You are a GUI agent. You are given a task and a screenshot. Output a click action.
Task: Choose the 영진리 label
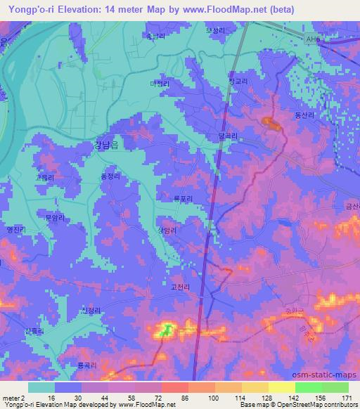click(15, 228)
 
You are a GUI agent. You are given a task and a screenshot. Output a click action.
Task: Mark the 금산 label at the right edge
click(352, 206)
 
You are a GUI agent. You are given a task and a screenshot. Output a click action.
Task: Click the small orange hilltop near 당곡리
click(271, 124)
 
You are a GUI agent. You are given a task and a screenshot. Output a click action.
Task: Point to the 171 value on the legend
click(346, 398)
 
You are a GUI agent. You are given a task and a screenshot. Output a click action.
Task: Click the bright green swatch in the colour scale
click(308, 387)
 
